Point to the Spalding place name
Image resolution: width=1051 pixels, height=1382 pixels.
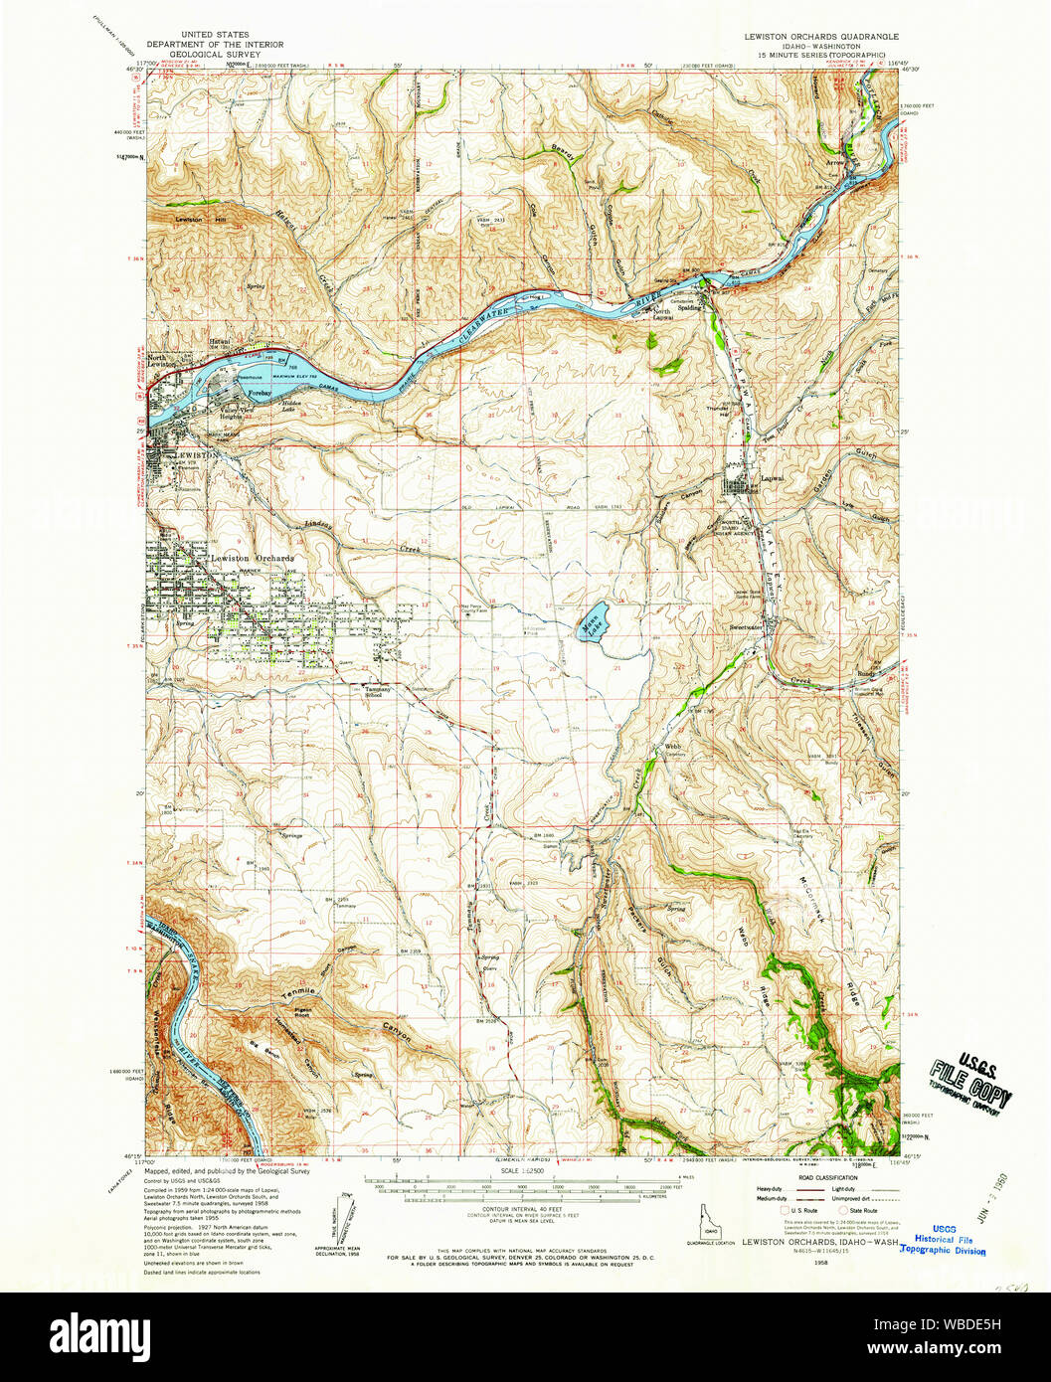pos(689,308)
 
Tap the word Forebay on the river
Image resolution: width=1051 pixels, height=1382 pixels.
pos(261,394)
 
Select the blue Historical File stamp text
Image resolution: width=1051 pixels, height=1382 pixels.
pos(944,1240)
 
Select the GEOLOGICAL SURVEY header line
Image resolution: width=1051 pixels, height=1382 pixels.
pos(215,55)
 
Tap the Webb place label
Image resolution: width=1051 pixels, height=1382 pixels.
pos(672,746)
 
